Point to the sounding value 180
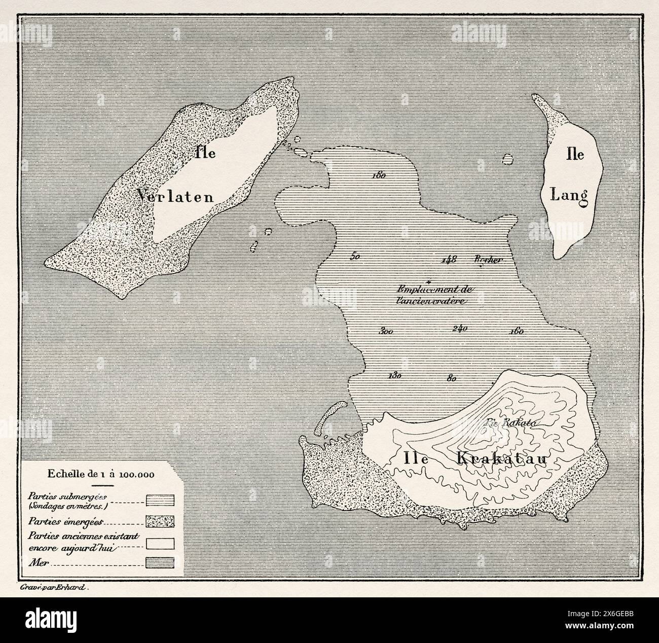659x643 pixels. click(379, 175)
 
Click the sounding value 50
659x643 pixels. click(355, 257)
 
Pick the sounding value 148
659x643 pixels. click(449, 259)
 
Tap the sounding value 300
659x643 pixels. click(386, 332)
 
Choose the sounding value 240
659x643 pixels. click(459, 329)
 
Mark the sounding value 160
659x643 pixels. click(516, 332)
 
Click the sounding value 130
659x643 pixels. click(394, 376)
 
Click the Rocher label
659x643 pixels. click(488, 259)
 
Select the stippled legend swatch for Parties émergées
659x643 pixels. click(160, 522)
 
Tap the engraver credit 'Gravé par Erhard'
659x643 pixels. click(53, 589)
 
